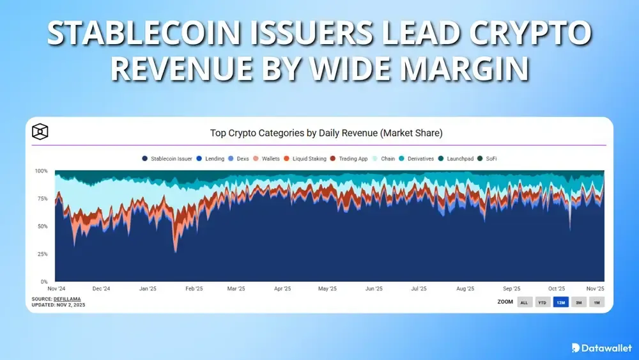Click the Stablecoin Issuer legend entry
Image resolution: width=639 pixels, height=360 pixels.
[x=167, y=159]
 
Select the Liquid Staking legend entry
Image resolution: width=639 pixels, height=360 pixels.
[x=305, y=159]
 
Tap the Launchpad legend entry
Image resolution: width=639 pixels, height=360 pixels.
[x=456, y=159]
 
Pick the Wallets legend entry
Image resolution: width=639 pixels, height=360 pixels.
[x=267, y=159]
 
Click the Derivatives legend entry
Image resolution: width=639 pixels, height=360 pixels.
[x=416, y=159]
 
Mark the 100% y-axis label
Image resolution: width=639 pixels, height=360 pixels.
[x=40, y=171]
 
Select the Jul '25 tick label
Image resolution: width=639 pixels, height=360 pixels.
[x=419, y=288]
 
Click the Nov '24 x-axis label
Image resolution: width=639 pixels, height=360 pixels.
[x=56, y=288]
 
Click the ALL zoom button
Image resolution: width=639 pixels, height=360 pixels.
[x=524, y=302]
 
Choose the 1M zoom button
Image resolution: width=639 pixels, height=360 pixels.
[x=596, y=302]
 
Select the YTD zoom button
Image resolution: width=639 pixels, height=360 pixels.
[x=542, y=302]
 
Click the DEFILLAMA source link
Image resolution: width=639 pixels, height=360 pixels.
[x=69, y=299]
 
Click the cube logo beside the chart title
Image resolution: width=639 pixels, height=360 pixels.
[x=40, y=132]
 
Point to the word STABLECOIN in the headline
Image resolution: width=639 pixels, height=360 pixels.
[x=150, y=34]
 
